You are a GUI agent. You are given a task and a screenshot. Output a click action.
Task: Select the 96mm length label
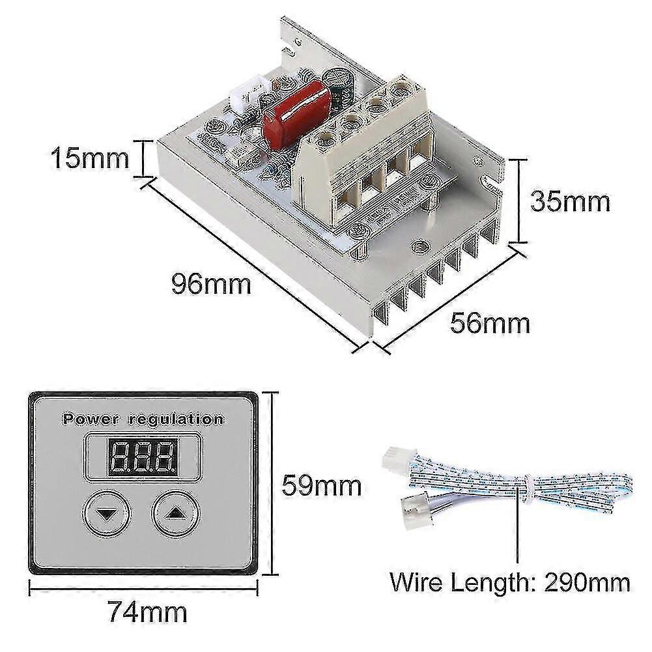click(x=211, y=285)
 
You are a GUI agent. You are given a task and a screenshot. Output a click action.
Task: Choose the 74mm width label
click(x=147, y=612)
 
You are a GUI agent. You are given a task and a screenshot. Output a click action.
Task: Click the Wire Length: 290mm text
click(x=510, y=582)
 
